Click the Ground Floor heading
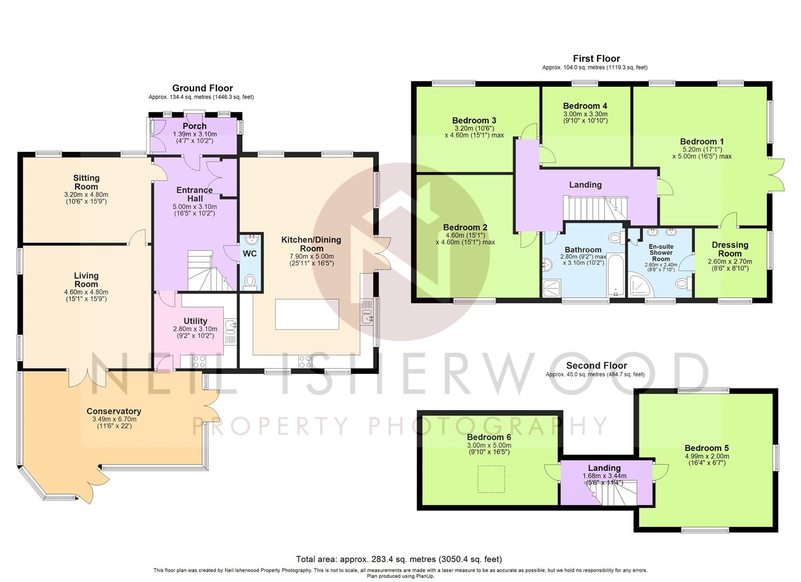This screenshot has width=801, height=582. pos(202,88)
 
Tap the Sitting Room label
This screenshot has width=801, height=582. pos(86,182)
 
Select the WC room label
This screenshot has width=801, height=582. pos(250,254)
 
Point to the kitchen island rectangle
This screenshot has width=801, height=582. pos(307,314)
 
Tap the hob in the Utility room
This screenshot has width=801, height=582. pos(199,362)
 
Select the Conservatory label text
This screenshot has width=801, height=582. pos(114,411)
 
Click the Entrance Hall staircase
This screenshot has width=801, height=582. pos(210,271)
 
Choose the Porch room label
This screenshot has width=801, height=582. pos(195,126)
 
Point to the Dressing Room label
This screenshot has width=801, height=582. pos(730,249)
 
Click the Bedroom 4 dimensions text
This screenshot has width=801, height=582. pos(585,117)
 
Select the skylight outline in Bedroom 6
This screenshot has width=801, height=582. pos(491,479)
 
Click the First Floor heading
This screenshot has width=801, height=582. pos(597,59)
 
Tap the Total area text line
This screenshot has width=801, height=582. pos(399,559)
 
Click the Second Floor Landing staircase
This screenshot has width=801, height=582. pos(611,493)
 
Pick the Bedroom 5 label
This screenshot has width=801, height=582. pos(706,448)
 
